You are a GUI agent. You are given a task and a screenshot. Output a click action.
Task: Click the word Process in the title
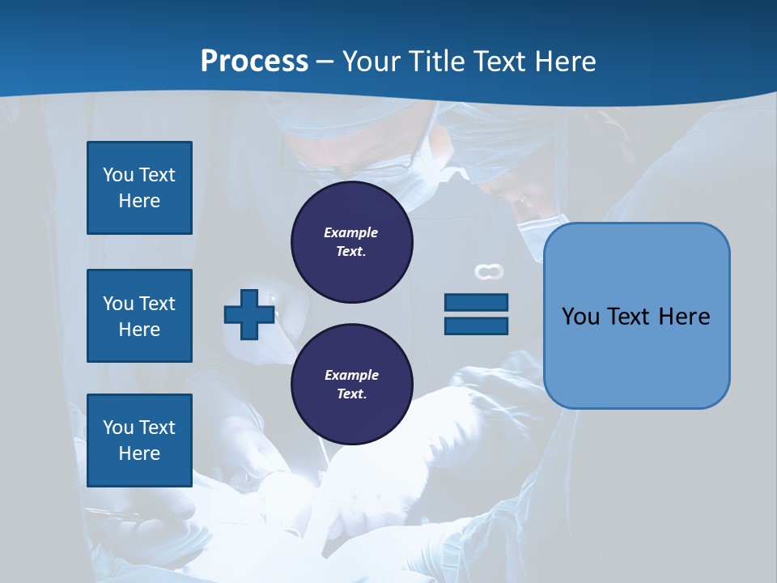tap(254, 62)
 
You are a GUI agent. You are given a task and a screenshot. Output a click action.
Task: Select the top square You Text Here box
tap(139, 188)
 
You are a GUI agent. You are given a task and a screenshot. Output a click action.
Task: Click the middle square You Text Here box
tap(139, 316)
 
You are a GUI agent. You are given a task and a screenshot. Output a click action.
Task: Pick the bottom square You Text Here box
tap(139, 440)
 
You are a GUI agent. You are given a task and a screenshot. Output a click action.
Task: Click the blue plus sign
tap(249, 315)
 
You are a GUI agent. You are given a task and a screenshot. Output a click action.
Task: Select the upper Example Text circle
tap(351, 242)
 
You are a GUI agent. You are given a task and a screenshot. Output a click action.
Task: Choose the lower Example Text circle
tap(351, 385)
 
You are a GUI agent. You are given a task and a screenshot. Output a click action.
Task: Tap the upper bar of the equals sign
tap(476, 303)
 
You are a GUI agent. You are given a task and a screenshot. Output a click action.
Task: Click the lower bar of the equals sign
tap(476, 326)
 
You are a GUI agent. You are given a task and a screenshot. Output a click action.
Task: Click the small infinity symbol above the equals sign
tap(489, 272)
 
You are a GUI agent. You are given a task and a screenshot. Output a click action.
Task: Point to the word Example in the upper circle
tap(351, 232)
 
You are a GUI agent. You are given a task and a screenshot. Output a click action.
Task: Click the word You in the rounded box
tap(580, 317)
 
